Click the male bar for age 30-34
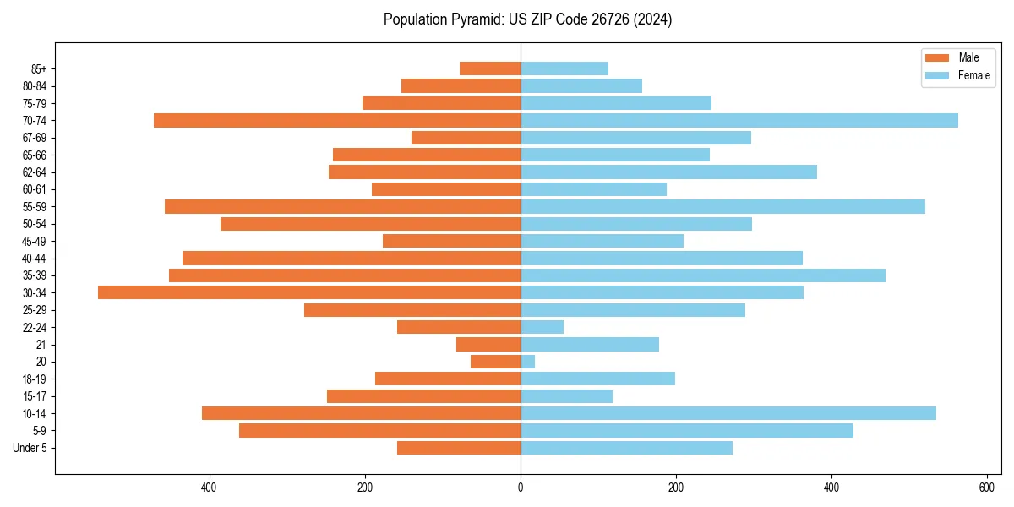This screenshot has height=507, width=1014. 309,292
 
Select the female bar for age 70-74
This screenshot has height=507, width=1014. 739,120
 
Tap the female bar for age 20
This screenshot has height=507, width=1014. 528,362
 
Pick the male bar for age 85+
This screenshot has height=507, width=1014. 490,68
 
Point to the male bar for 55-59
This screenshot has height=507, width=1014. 342,206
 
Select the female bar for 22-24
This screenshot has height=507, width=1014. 542,327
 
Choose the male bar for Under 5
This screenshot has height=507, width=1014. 459,448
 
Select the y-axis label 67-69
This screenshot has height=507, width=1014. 35,138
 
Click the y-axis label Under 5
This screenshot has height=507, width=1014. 30,448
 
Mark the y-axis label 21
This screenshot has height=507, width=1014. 41,345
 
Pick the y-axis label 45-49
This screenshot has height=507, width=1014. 35,241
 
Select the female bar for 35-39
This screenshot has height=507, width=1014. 703,275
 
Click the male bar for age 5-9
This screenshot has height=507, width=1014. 379,431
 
